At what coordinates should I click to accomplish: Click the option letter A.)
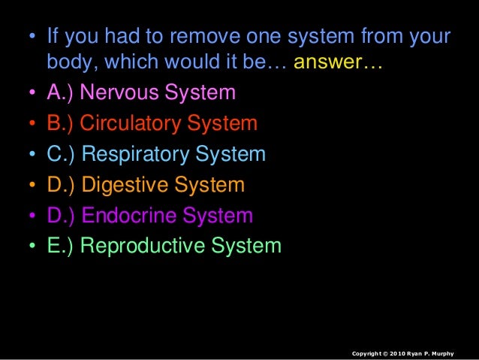coord(60,93)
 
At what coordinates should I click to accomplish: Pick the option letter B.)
coord(60,124)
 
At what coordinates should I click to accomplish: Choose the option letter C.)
coord(61,155)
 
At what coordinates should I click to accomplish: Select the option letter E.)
coord(60,246)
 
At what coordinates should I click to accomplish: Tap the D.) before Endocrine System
coord(61,216)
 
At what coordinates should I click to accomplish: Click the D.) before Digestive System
coord(61,185)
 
